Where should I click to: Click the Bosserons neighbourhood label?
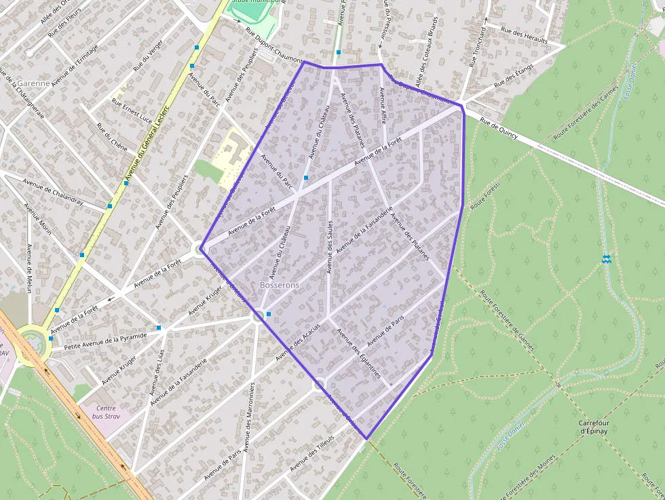(279, 285)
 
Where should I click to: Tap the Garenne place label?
(35, 83)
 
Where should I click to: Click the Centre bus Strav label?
(106, 412)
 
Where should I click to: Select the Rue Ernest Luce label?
(132, 111)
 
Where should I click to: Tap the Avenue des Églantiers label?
(359, 353)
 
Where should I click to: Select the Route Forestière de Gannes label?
(507, 322)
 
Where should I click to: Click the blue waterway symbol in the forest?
(606, 258)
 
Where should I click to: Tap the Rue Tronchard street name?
(478, 45)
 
